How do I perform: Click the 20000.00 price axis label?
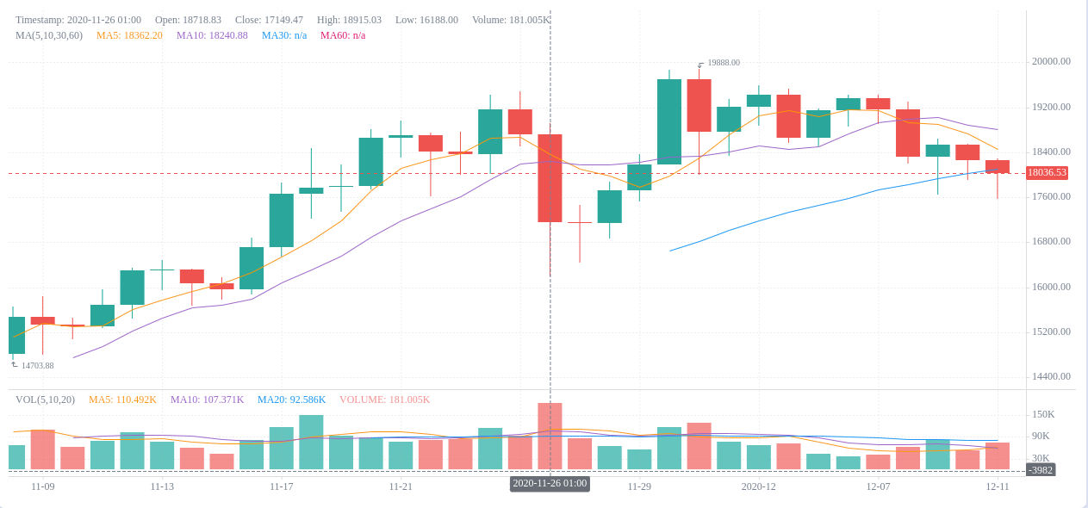[1051, 61]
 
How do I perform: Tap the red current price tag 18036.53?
[1047, 173]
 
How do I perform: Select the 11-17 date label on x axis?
[282, 486]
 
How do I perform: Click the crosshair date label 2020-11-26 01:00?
[550, 484]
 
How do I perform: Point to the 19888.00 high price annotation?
[723, 63]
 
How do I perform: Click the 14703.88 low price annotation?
[37, 366]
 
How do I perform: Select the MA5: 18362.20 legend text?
[129, 35]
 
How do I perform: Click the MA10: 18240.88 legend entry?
[212, 35]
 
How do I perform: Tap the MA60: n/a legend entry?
[343, 35]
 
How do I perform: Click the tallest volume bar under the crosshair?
[550, 436]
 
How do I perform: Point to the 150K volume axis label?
[1043, 414]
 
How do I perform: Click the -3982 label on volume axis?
[1041, 470]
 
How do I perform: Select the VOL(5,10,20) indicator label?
[45, 400]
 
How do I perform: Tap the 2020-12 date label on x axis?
[758, 486]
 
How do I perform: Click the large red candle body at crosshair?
[550, 178]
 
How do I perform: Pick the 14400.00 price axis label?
[1051, 376]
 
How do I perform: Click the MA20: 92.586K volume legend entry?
[291, 400]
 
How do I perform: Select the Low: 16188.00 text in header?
[426, 20]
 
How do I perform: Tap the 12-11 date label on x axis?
[998, 486]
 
